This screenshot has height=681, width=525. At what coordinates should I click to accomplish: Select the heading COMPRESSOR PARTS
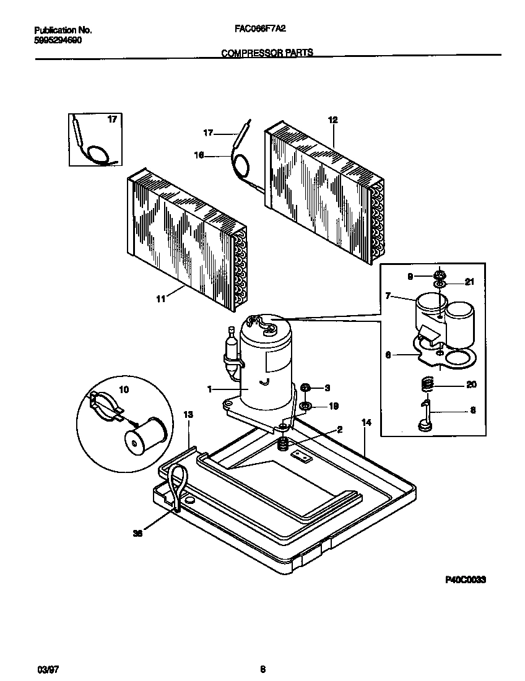pos(267,53)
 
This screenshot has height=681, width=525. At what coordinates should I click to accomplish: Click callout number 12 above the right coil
pos(332,120)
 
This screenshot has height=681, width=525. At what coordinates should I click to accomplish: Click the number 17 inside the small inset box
pos(112,119)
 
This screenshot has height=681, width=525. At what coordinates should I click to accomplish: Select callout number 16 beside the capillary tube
pos(199,156)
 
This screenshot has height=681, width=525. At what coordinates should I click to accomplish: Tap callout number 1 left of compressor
pos(210,389)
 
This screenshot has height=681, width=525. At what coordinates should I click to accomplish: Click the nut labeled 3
pos(305,388)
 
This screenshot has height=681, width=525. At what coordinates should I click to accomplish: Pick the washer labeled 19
pos(305,406)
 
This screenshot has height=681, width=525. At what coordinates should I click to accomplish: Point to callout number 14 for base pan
pos(366,422)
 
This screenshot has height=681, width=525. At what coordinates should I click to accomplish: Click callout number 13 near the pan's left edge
pos(188,414)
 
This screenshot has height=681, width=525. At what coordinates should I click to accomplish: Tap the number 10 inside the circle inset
pos(124,390)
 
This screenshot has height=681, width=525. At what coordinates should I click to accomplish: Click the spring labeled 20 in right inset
pos(425,385)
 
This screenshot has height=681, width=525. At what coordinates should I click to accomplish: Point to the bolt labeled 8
pos(425,415)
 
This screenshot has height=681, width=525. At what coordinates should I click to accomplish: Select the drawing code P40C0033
pos(465,580)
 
